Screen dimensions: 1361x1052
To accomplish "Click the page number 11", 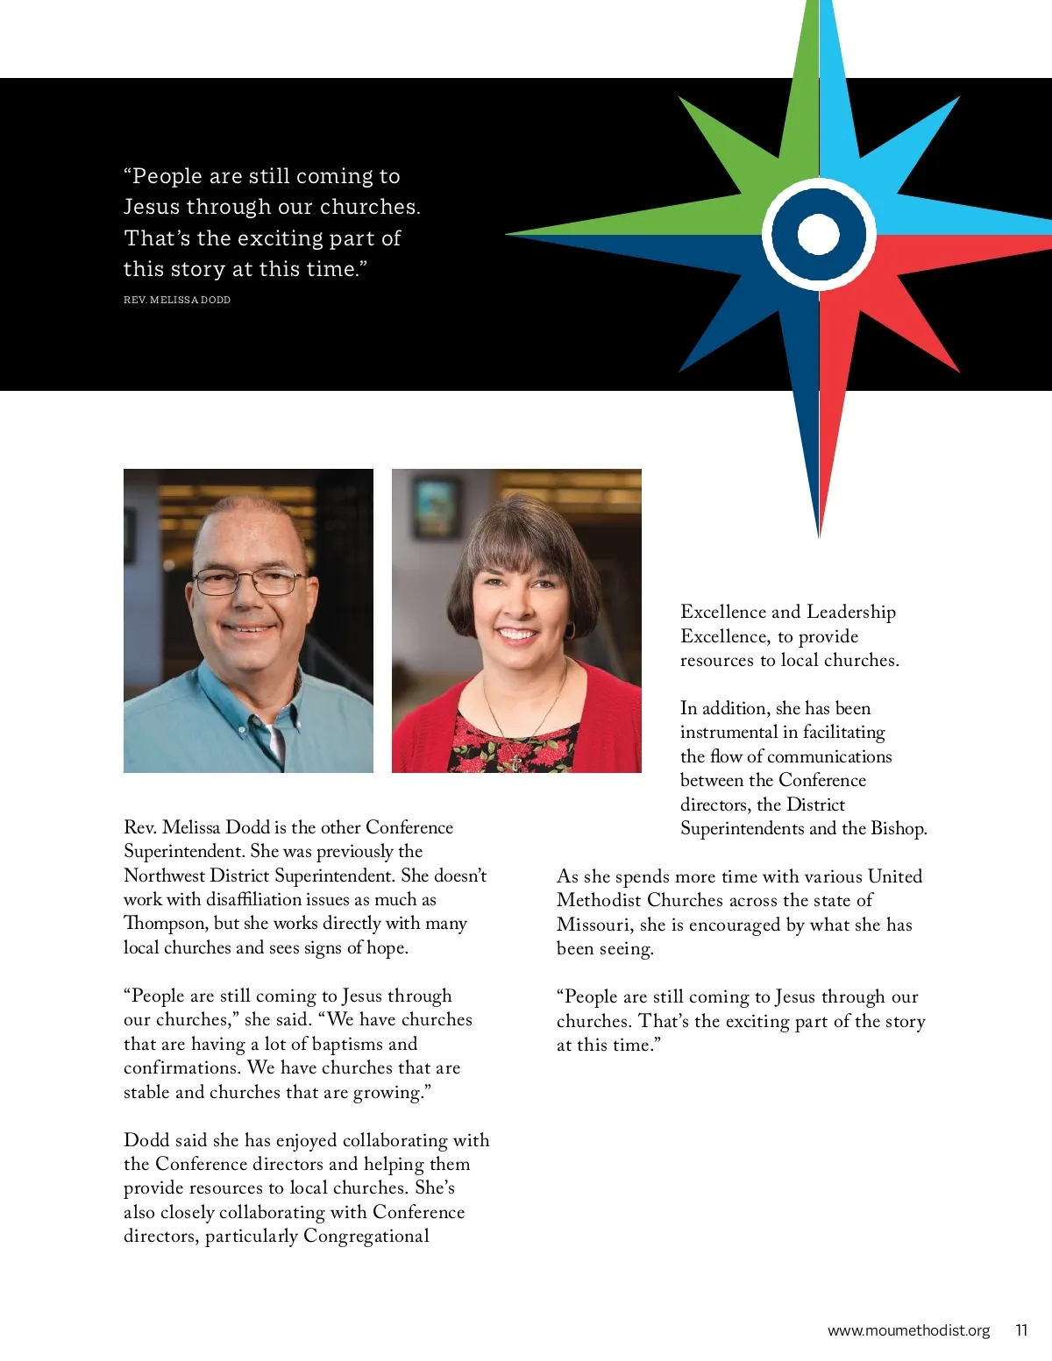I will [x=1021, y=1330].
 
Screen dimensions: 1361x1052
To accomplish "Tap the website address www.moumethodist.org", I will [x=908, y=1330].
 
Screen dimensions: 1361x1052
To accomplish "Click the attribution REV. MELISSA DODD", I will [x=177, y=300].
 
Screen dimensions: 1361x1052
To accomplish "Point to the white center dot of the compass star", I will [x=819, y=234].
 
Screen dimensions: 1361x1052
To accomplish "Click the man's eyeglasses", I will [x=249, y=581].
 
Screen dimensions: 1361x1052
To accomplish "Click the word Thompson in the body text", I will [x=166, y=924].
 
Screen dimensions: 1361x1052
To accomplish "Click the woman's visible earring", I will [x=570, y=630].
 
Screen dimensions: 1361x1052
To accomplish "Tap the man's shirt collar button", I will [x=242, y=726].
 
